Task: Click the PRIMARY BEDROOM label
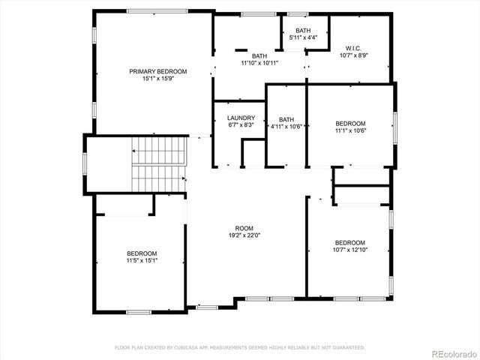[157, 71]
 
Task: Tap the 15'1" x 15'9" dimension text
[157, 79]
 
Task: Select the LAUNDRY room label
[241, 118]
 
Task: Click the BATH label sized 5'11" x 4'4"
[302, 30]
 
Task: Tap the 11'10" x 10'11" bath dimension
[259, 63]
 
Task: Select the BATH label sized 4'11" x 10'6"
[286, 119]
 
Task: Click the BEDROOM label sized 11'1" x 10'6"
[350, 123]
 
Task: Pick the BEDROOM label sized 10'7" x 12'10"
[349, 242]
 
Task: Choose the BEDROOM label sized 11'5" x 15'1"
[142, 253]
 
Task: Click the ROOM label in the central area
[244, 228]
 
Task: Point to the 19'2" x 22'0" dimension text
[244, 235]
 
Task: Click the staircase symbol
[158, 163]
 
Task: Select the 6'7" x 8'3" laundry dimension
[241, 125]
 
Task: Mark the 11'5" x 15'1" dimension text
[142, 260]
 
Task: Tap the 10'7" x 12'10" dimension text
[349, 250]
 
